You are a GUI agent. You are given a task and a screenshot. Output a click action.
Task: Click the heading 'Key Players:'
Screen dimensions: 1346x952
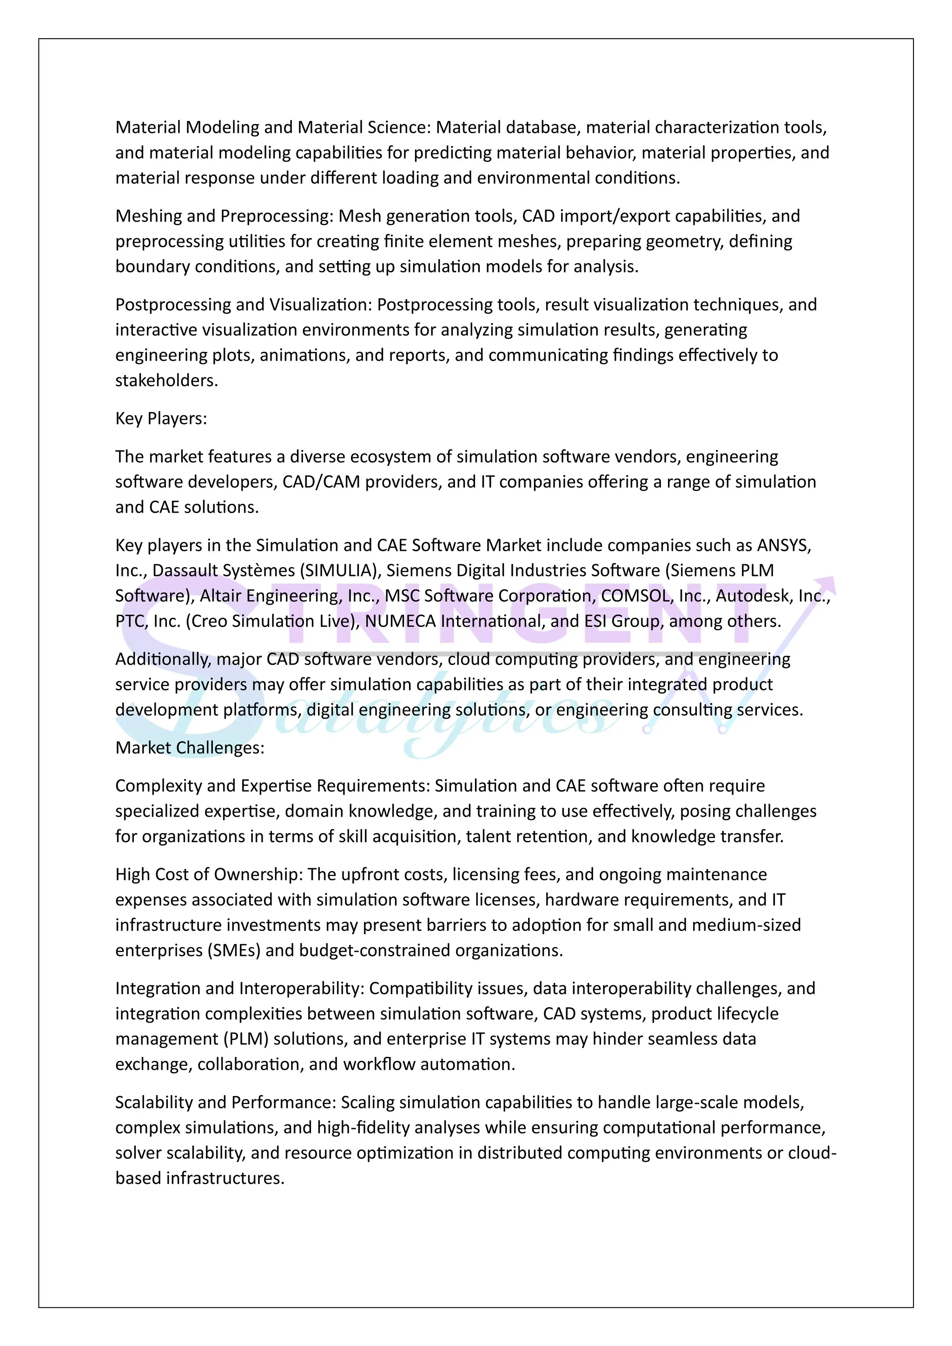coord(161,419)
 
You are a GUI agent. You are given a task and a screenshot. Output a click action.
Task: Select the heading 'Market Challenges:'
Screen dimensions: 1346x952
coord(190,747)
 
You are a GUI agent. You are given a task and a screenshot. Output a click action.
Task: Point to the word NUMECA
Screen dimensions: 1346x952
coord(400,621)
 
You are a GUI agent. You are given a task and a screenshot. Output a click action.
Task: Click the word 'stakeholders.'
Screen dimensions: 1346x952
coord(166,381)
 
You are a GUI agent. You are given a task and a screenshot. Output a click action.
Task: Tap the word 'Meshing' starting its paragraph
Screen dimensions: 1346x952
coord(149,216)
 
